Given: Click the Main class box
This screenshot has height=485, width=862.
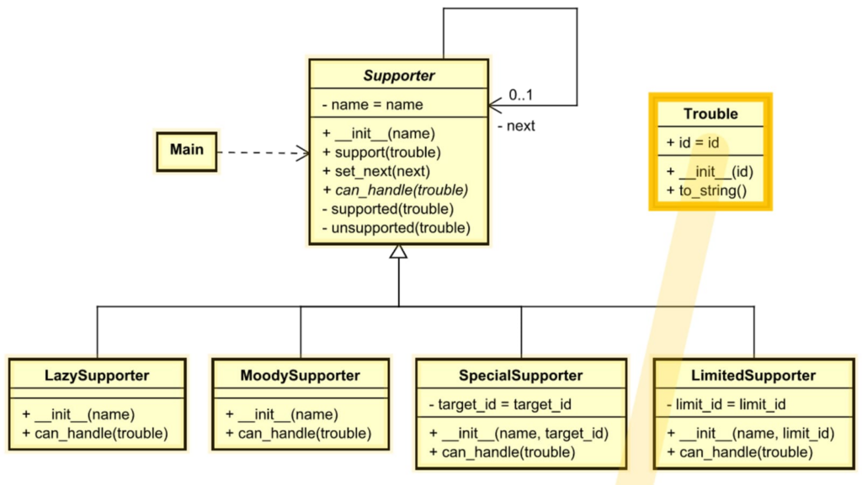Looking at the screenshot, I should (186, 150).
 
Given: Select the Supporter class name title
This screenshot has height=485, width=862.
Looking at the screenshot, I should (398, 76).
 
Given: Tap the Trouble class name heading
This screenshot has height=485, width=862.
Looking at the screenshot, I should (710, 114).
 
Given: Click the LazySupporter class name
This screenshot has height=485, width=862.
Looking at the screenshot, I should (97, 376).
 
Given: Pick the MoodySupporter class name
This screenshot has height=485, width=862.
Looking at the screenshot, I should (300, 376).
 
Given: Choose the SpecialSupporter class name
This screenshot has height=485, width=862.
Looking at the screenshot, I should (520, 376).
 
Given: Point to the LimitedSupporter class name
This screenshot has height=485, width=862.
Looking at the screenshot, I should (753, 376).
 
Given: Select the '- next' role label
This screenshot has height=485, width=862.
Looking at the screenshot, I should (516, 126).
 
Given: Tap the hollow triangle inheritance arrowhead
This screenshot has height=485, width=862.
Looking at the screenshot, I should (398, 251).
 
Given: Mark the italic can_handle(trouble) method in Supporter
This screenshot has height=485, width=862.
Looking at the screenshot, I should (395, 190).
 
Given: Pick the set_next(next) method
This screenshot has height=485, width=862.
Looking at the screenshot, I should (375, 171).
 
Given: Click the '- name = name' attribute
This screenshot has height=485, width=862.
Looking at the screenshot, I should (373, 105).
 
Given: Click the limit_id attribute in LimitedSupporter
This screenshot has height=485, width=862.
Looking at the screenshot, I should (726, 405).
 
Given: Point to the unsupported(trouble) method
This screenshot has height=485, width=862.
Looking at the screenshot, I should (396, 227).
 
